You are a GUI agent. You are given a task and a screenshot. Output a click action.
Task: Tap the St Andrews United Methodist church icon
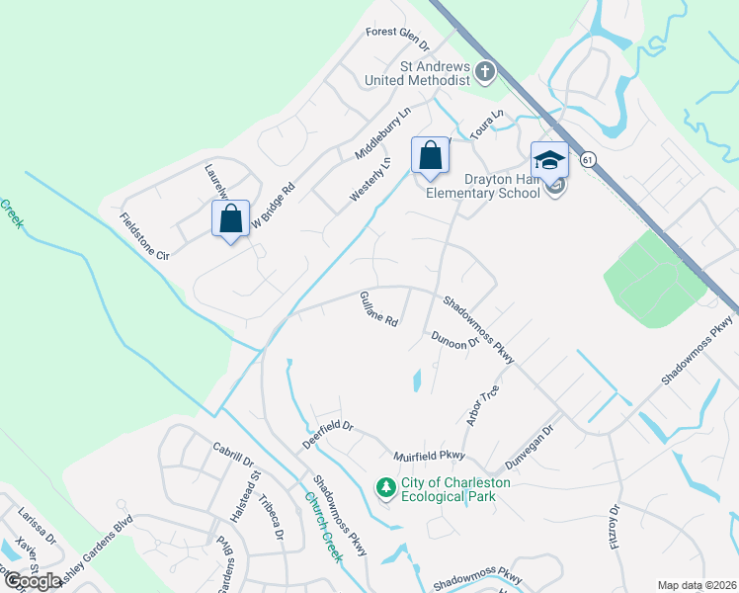(x=484, y=71)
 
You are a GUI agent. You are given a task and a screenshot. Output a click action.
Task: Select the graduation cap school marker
(x=549, y=159)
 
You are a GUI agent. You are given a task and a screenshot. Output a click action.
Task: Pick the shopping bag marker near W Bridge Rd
(x=230, y=217)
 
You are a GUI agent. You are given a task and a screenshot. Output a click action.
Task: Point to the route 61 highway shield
(x=588, y=159)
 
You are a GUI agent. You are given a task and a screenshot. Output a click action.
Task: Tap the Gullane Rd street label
(x=378, y=308)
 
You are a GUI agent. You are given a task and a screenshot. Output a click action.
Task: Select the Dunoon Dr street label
(x=454, y=339)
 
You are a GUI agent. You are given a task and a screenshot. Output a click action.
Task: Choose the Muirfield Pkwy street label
(x=428, y=457)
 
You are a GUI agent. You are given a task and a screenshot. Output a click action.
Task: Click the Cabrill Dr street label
(x=233, y=455)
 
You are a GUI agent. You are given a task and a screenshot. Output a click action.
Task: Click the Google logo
(x=33, y=581)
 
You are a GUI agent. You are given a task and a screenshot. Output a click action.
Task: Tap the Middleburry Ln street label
(x=381, y=134)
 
